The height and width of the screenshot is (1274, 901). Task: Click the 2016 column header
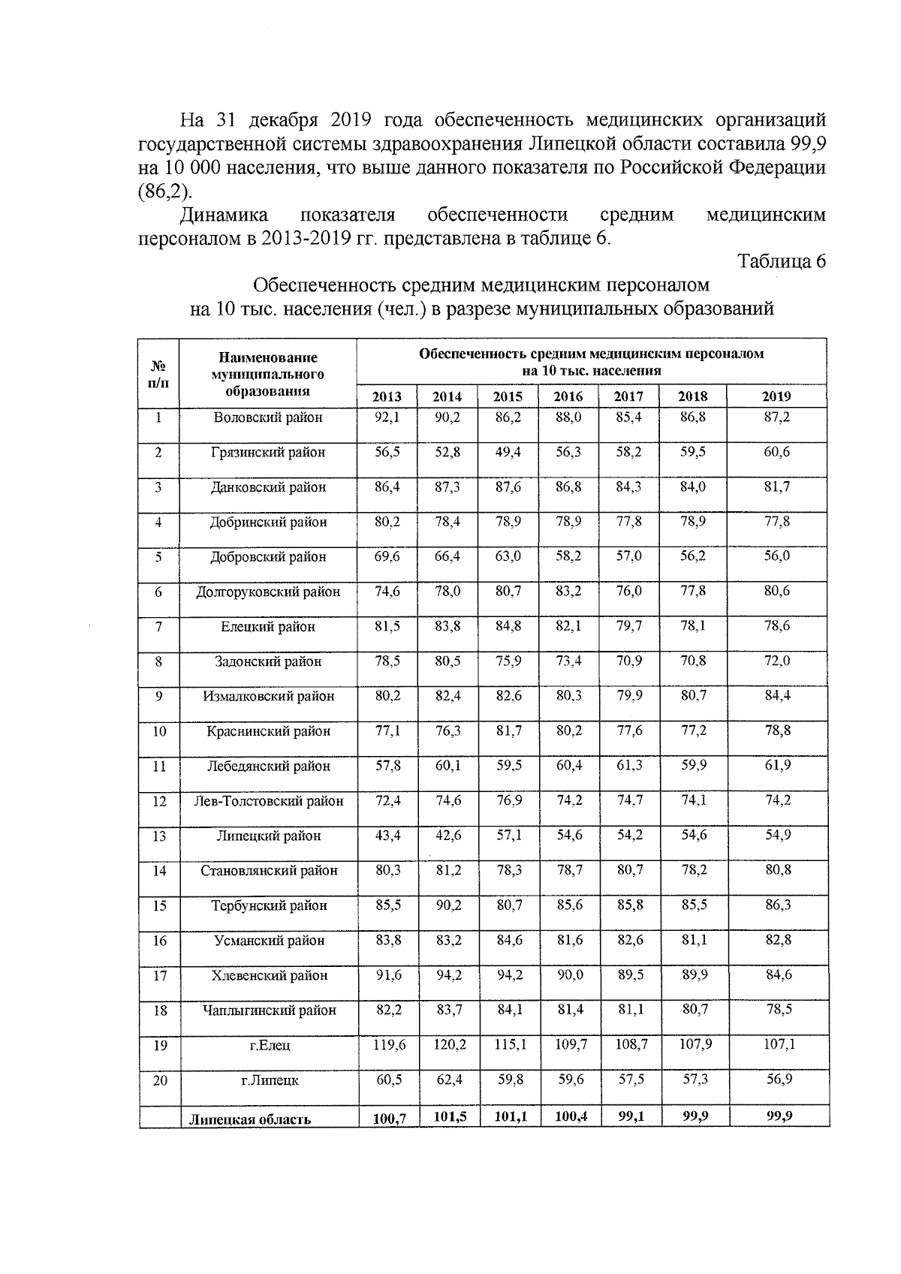(x=568, y=396)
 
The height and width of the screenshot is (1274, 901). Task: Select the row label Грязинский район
(x=268, y=452)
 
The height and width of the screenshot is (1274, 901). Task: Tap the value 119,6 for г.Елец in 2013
(x=387, y=1044)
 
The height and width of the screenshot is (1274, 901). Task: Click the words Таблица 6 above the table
(x=782, y=261)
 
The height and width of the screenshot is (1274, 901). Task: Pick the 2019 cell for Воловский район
(x=776, y=417)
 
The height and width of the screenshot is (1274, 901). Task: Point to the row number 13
(x=159, y=836)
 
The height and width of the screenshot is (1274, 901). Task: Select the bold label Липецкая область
(x=249, y=1119)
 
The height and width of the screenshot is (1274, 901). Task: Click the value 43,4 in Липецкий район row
(x=387, y=835)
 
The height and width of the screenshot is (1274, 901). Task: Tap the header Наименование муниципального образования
(x=268, y=374)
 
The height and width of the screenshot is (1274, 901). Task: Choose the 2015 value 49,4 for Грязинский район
(x=508, y=452)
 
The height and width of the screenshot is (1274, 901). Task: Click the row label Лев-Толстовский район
(x=268, y=801)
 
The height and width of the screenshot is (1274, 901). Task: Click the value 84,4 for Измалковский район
(x=776, y=695)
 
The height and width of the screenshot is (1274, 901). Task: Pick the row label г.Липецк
(x=268, y=1080)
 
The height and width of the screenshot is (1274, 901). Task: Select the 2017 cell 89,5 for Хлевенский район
(x=628, y=974)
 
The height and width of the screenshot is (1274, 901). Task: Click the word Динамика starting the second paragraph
(x=224, y=215)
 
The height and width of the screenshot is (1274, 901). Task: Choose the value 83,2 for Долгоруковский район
(x=568, y=591)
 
